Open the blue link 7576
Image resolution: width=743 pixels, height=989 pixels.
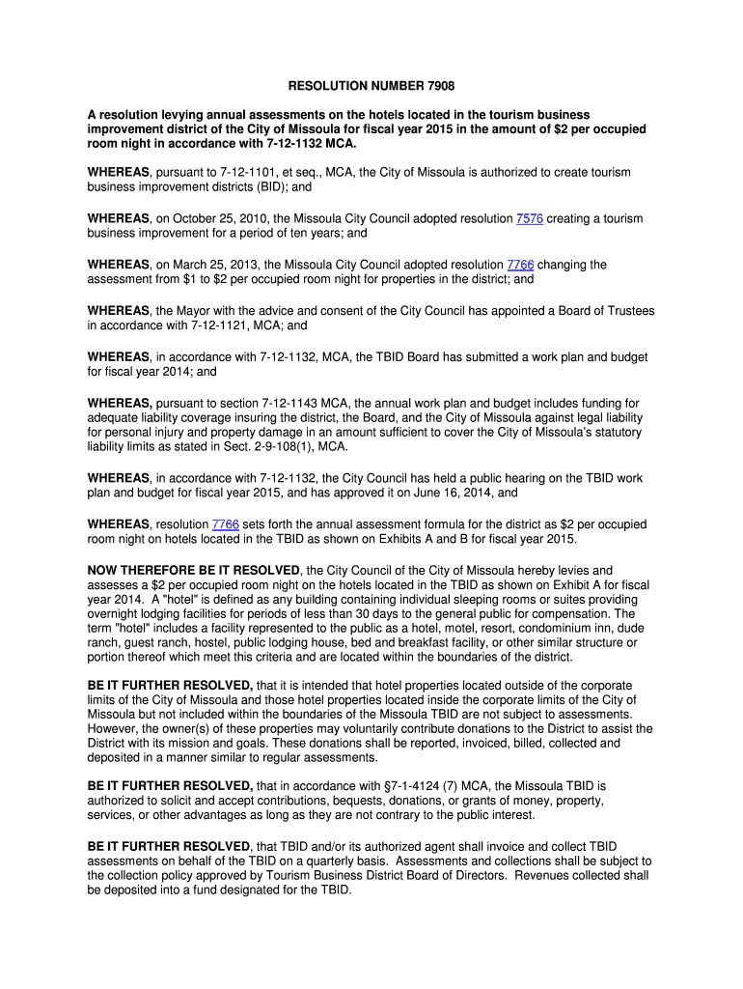coord(530,219)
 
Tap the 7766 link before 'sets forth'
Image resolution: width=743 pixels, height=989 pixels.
coord(226,524)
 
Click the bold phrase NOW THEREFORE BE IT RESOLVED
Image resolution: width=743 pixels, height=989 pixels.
coord(194,571)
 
